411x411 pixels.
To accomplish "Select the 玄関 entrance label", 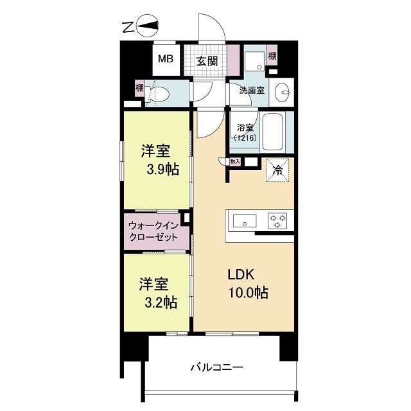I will click(206, 61).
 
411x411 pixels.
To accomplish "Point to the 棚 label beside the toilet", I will click(139, 88).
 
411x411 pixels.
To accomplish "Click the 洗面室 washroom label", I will click(252, 91).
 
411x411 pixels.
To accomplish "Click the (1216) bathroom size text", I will click(245, 138).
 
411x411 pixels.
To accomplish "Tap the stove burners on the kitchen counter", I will click(278, 222).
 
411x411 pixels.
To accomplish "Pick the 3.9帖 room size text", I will click(161, 170).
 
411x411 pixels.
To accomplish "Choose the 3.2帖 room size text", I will click(160, 302).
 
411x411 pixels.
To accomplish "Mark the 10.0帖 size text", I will click(246, 293).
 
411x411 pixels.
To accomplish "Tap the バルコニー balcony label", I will click(216, 368).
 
